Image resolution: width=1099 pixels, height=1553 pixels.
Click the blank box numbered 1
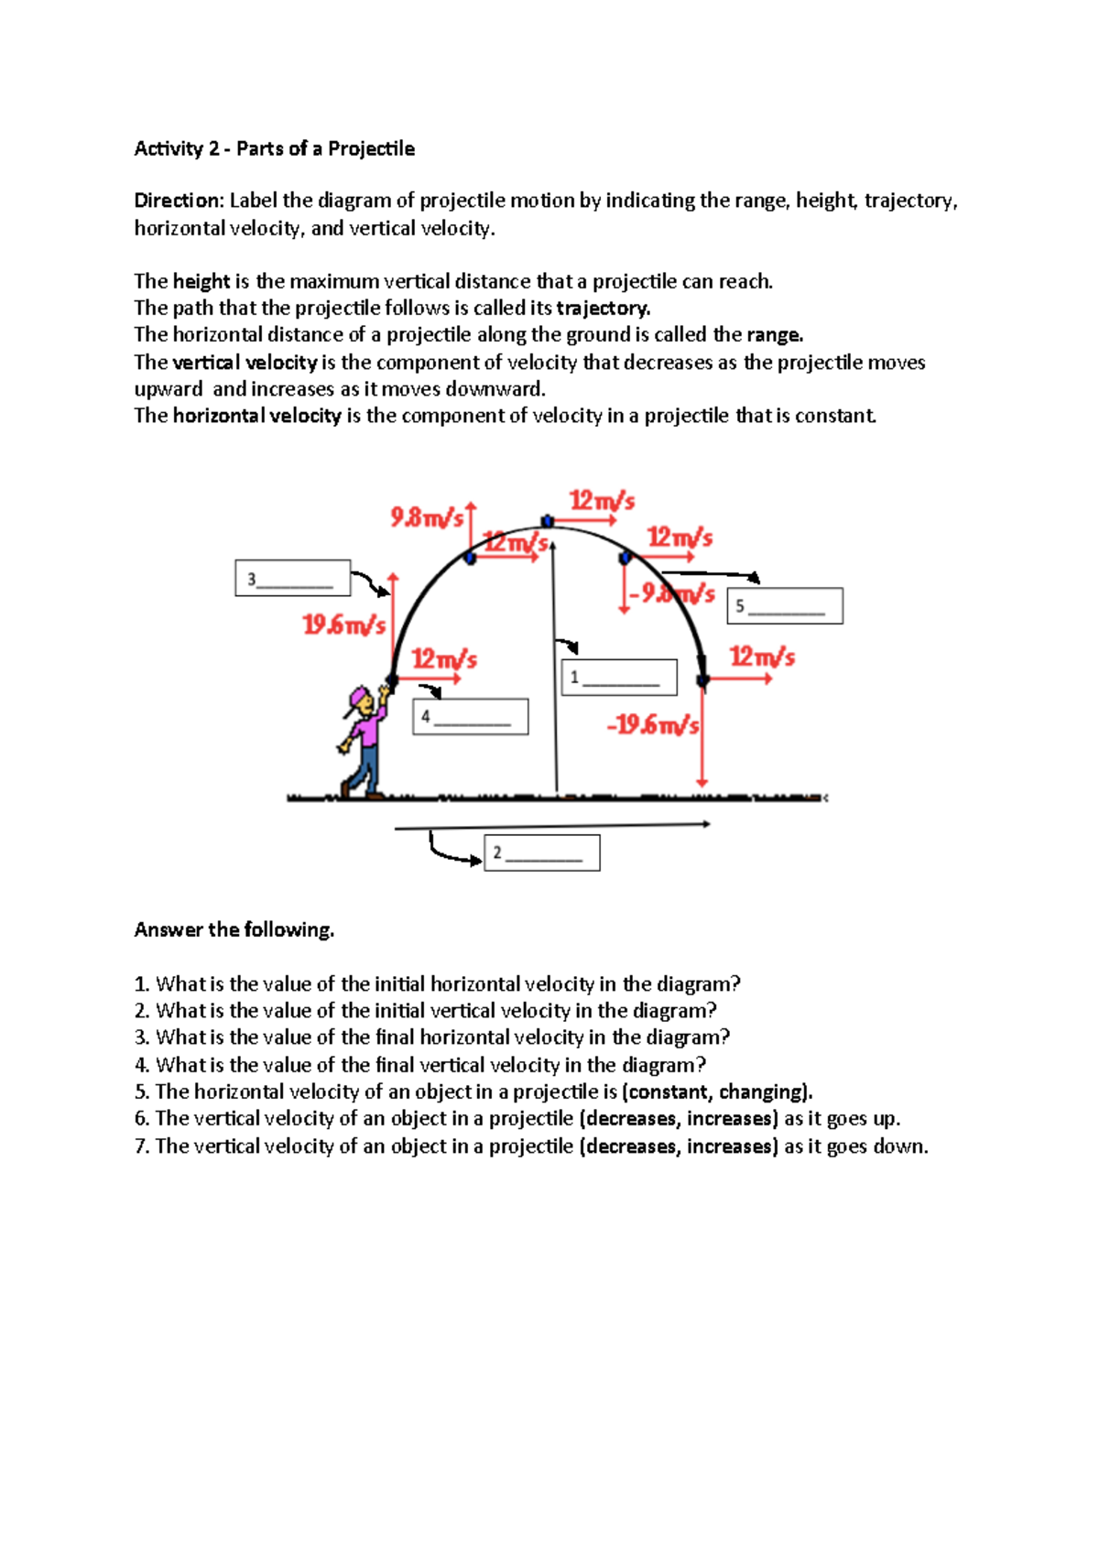(619, 678)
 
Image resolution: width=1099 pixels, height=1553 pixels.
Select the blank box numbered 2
(542, 853)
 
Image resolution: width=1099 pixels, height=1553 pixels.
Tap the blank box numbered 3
(293, 578)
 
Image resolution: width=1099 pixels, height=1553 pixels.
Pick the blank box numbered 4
(471, 717)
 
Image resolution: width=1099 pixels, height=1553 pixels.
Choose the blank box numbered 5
(785, 606)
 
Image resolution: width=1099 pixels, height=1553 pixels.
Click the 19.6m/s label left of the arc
(344, 625)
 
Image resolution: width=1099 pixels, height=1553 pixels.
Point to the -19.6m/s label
(653, 725)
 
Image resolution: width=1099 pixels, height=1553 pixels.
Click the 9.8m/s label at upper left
(428, 518)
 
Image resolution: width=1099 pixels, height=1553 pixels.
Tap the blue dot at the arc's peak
(548, 522)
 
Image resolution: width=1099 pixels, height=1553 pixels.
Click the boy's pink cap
(357, 700)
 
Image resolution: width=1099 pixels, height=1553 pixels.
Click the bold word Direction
(178, 201)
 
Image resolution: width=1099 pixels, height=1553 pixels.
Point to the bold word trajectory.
(603, 308)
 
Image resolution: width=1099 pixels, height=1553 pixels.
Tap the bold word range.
(774, 334)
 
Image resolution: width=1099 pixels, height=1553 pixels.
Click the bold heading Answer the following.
(234, 929)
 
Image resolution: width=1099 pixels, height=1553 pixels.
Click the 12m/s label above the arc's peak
(602, 501)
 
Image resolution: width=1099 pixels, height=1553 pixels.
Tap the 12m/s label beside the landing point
(762, 657)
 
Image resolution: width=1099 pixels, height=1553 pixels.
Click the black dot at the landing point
(703, 680)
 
